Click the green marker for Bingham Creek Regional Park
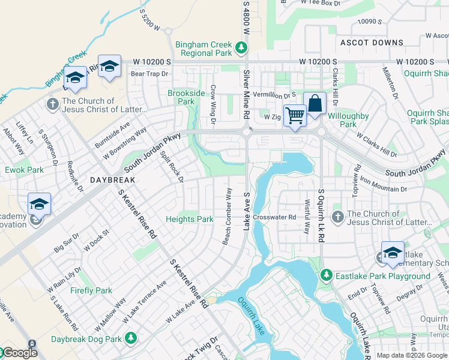pos(241,47)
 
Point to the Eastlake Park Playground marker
pos(326,275)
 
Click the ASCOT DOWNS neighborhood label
pos(372,43)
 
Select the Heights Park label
pos(190,219)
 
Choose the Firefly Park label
pos(90,290)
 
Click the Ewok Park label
pos(24,170)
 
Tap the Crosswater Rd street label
pos(274,217)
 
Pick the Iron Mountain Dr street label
pos(383,184)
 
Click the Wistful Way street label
pos(307,216)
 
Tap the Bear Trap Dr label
pos(150,74)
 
